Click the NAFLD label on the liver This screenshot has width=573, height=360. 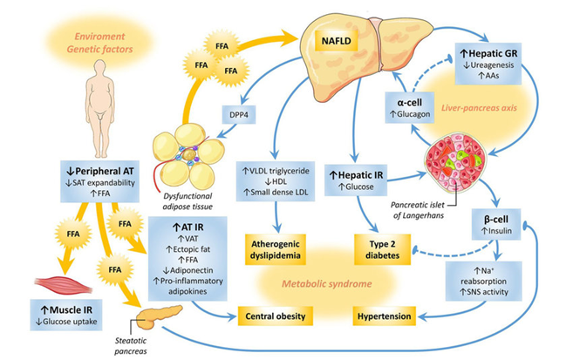(336, 40)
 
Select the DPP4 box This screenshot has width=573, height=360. (239, 115)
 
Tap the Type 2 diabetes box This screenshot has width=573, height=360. (382, 249)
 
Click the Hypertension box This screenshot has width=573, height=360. (385, 316)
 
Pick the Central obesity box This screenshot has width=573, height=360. (276, 316)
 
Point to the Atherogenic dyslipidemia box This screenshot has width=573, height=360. (276, 249)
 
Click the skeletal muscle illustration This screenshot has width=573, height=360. (63, 286)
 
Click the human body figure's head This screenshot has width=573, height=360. (99, 68)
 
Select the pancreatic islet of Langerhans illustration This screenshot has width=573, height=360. (455, 162)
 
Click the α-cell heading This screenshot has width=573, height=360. (409, 103)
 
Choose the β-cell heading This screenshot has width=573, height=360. (496, 219)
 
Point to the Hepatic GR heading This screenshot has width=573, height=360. (488, 53)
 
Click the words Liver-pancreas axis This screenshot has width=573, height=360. (479, 108)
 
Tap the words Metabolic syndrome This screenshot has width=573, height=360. (327, 283)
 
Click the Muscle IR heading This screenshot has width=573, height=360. (66, 310)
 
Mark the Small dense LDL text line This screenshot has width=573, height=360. (276, 192)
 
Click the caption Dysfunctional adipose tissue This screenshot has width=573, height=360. (188, 201)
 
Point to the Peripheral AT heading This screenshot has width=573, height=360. (100, 171)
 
